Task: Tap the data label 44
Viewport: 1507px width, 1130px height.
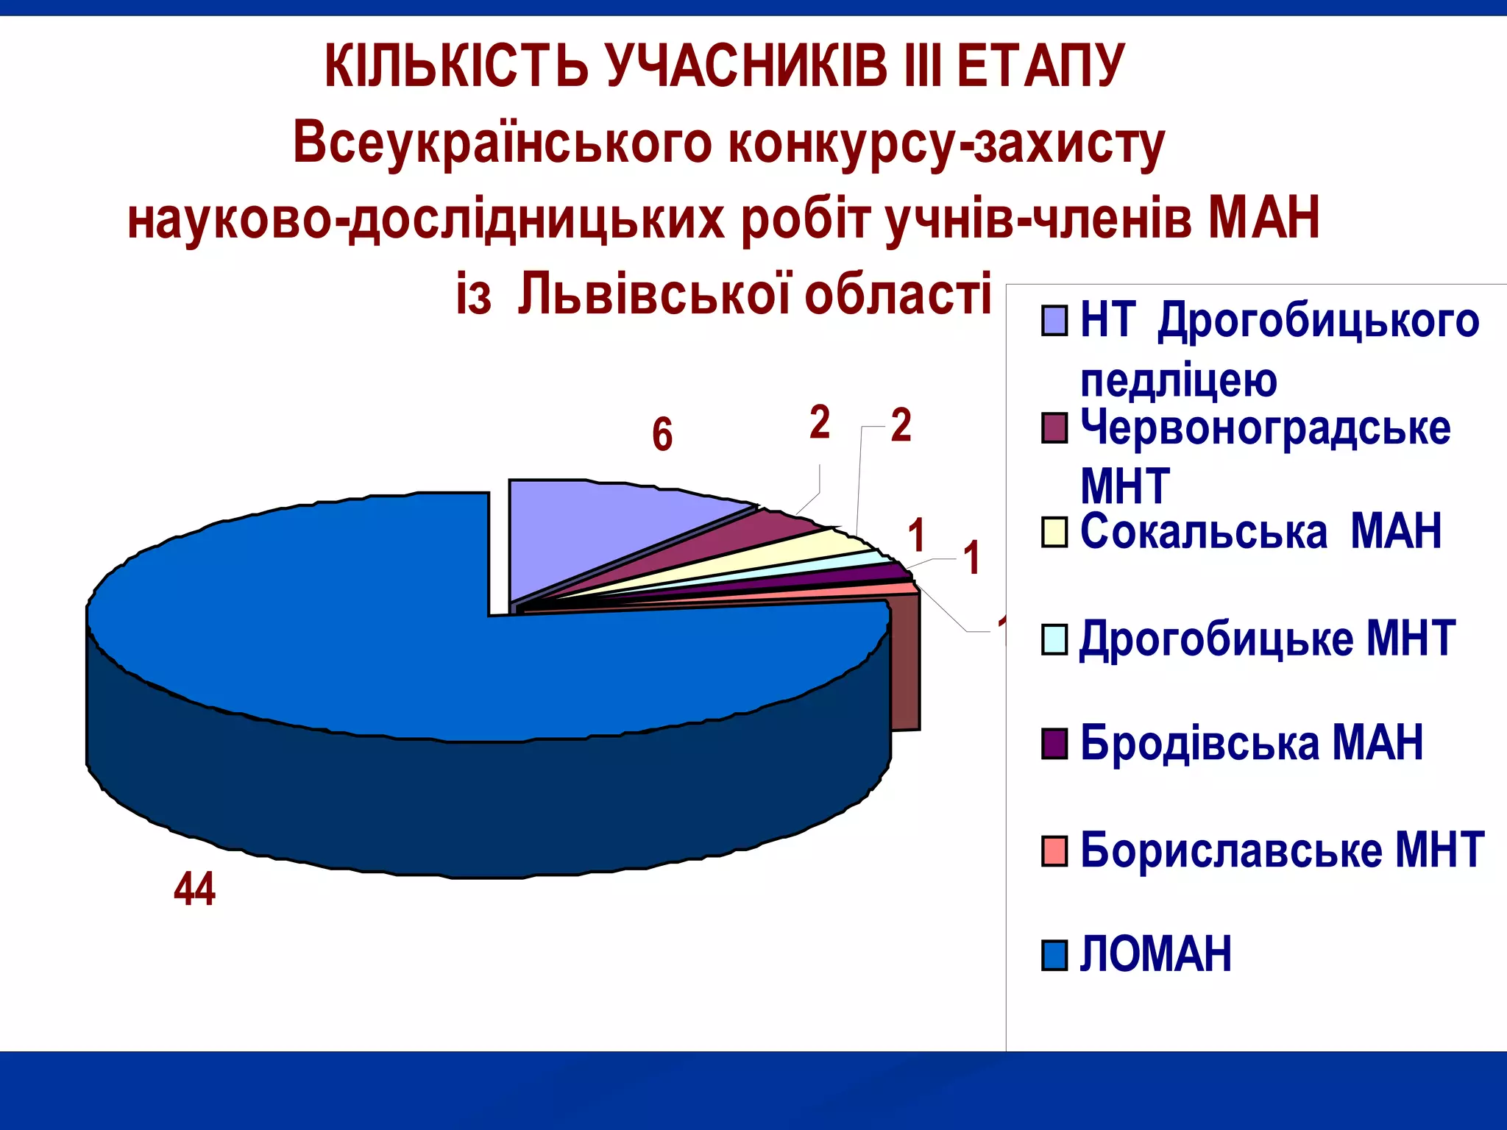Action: coord(194,889)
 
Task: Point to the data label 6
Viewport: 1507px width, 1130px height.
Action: coord(662,434)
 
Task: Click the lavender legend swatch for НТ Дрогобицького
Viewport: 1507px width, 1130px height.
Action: coord(1054,321)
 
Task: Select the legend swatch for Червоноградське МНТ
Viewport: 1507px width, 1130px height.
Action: coord(1054,428)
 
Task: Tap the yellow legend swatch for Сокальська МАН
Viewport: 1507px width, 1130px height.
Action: coord(1054,533)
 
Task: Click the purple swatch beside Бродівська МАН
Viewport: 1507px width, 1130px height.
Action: coord(1054,743)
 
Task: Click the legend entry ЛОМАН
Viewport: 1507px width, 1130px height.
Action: coord(1155,954)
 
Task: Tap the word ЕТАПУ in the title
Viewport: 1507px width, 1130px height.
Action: coord(1040,66)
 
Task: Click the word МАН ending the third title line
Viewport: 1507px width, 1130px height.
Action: coord(1264,218)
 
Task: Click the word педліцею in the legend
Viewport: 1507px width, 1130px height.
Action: coord(1177,380)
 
